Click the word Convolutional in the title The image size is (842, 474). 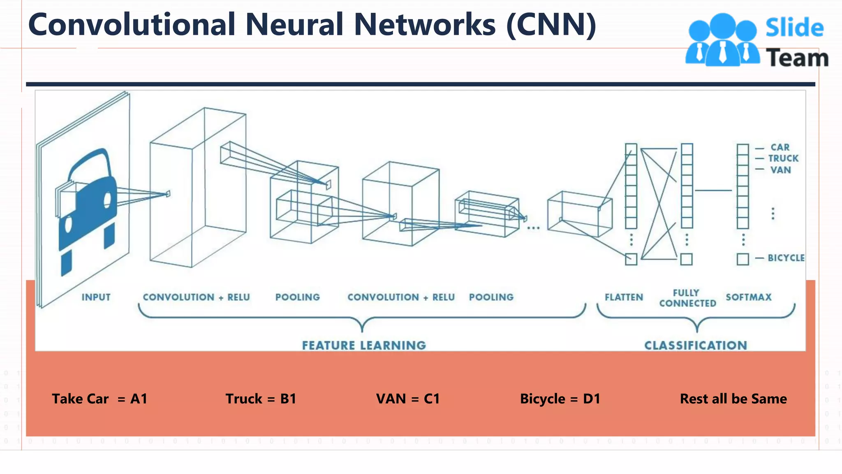[x=132, y=25]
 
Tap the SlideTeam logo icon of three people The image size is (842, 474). [x=722, y=40]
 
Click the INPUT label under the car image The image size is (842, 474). [x=96, y=297]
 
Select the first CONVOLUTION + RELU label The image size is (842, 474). [x=196, y=297]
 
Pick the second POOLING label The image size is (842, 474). [x=491, y=297]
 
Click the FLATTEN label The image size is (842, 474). [x=624, y=297]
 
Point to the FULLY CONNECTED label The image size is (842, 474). [x=687, y=298]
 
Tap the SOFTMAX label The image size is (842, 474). [x=748, y=297]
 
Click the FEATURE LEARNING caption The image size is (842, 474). [x=364, y=345]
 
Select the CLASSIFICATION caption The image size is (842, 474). [x=696, y=345]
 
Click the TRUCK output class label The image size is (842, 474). [x=783, y=158]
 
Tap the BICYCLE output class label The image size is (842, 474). [x=786, y=258]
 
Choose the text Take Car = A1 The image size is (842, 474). [x=99, y=399]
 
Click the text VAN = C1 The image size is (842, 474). [x=408, y=399]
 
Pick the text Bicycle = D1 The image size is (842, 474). [x=560, y=399]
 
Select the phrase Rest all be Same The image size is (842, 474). [x=733, y=399]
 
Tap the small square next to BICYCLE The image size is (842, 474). [x=743, y=259]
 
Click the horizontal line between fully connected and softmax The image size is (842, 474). [x=713, y=191]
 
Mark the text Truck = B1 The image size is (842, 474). [x=261, y=399]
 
